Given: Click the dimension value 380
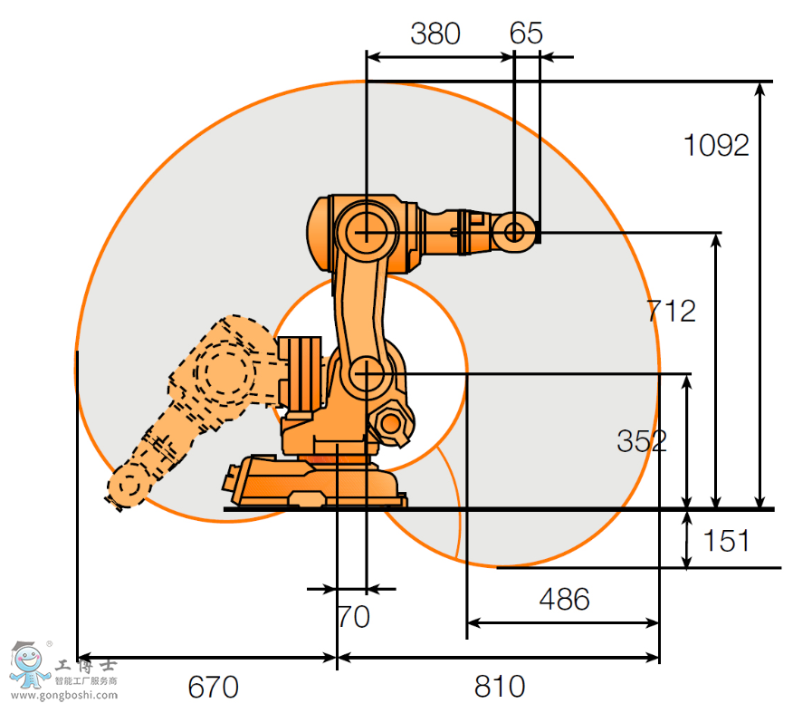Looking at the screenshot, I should [435, 34].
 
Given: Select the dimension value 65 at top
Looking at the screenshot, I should [526, 34].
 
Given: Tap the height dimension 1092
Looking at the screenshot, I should [716, 145].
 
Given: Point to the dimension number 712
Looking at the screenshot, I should [671, 311].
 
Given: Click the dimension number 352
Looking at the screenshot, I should [641, 441].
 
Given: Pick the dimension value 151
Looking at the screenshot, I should [726, 541].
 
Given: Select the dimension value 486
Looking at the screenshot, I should [564, 599].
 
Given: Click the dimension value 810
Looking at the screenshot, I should [500, 687].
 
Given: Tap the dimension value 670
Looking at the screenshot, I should [213, 687].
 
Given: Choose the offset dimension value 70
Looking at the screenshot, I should [353, 617].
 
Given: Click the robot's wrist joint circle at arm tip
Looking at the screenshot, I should [513, 232].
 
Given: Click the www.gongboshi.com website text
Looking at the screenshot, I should [64, 696].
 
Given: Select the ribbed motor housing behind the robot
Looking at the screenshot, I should [300, 371].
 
